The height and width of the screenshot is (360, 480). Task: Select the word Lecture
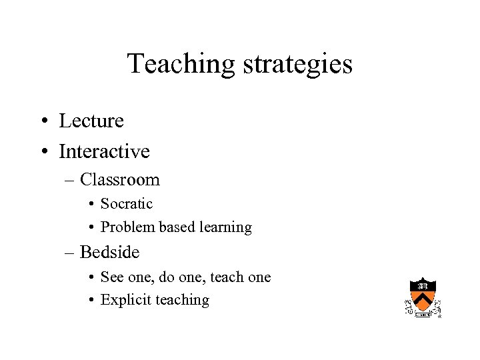(x=91, y=121)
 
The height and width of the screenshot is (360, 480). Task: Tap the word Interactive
(x=104, y=152)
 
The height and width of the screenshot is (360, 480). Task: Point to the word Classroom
(x=120, y=180)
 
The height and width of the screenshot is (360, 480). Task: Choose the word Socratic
(x=127, y=204)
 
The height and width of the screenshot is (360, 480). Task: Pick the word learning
(x=225, y=227)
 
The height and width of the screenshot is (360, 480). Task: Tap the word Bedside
(x=109, y=253)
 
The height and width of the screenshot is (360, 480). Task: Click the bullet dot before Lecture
(x=42, y=122)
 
